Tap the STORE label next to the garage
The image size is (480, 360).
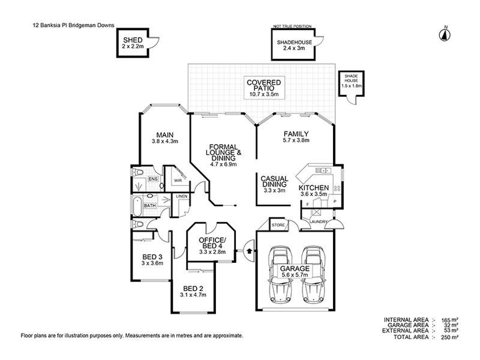point(278,226)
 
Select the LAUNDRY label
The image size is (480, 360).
point(319,222)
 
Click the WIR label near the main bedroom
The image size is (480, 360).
point(178,179)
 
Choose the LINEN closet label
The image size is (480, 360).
point(181,196)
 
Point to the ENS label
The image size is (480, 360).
point(153,179)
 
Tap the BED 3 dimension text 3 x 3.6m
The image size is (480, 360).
point(152,263)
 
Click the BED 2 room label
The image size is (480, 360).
point(193,287)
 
